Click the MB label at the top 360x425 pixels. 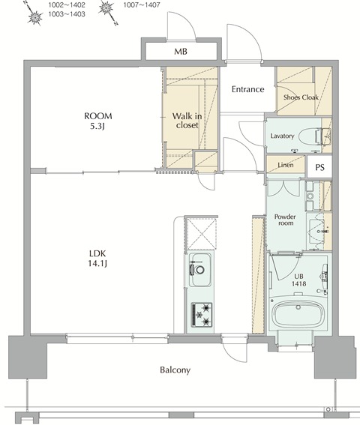(181, 52)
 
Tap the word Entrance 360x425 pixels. (247, 89)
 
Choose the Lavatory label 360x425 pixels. (282, 136)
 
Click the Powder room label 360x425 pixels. (286, 220)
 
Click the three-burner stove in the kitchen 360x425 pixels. (202, 313)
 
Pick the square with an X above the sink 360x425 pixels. (200, 232)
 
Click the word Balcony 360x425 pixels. (175, 370)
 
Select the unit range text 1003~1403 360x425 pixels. (66, 14)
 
